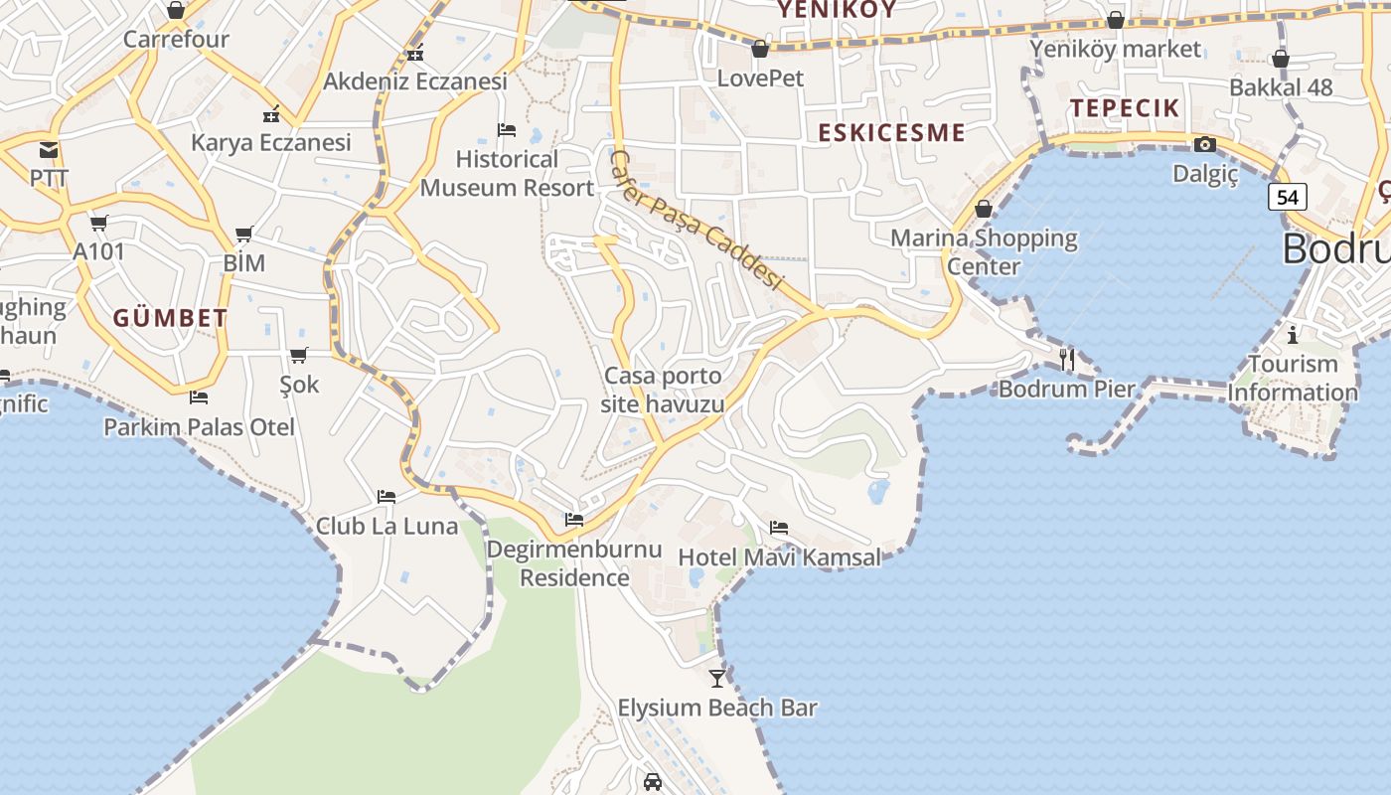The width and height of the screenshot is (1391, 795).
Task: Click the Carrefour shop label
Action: click(176, 40)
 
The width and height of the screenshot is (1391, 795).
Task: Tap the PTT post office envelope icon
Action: click(49, 150)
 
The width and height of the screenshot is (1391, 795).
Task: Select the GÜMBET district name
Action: click(170, 319)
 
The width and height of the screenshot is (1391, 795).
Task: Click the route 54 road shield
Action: click(1287, 197)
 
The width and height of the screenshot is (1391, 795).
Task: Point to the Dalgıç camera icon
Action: click(1205, 145)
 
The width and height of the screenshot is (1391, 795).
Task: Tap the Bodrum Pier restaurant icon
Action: click(1067, 359)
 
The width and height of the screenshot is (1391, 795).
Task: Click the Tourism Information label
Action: click(1292, 378)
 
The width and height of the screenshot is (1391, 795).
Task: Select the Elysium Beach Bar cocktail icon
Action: click(717, 678)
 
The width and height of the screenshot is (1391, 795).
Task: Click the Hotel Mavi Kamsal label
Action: click(779, 557)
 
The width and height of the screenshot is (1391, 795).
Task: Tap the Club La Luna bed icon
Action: click(386, 497)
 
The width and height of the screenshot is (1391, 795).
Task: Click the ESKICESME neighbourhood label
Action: click(891, 133)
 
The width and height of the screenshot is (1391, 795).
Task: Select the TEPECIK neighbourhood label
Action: click(1125, 108)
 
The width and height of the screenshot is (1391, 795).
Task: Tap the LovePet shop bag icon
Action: click(760, 49)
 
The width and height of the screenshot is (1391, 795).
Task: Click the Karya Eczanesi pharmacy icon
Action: click(270, 114)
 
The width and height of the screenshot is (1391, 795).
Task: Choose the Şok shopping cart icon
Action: click(299, 355)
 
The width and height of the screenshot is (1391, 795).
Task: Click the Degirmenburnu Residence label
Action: click(574, 563)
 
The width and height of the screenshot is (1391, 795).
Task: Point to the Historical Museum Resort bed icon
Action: click(507, 130)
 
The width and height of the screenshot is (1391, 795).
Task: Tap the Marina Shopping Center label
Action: click(984, 251)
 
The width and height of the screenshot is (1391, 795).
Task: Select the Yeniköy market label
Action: click(1115, 49)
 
